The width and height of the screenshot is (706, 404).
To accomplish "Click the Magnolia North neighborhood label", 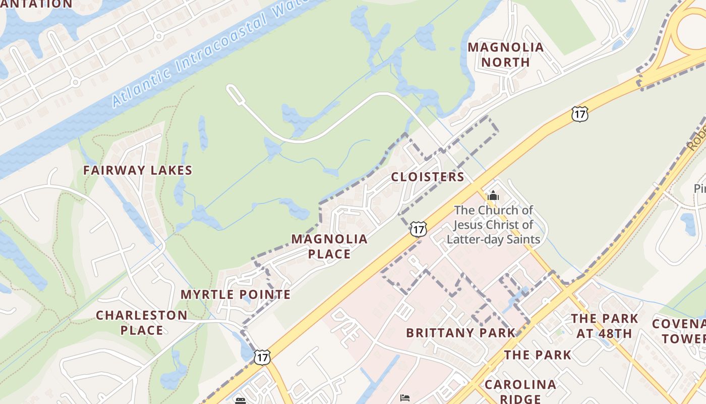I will tap(505, 55).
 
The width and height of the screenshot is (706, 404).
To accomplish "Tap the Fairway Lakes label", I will tap(138, 170).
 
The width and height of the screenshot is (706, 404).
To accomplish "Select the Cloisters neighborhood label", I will tap(427, 177).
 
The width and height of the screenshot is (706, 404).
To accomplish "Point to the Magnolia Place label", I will tap(329, 246).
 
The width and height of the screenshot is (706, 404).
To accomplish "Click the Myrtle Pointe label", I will tap(236, 294).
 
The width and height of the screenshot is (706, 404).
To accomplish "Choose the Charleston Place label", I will tap(141, 323).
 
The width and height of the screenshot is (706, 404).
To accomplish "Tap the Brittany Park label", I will tap(460, 333).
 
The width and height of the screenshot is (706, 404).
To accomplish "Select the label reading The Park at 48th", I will tap(604, 326).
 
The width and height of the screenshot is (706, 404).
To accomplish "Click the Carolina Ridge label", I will tap(520, 391).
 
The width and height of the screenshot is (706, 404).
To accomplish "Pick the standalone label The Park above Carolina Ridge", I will tap(538, 355).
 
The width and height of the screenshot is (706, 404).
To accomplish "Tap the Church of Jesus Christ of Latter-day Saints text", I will tap(493, 225).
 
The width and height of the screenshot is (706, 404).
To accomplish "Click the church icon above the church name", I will tap(493, 195).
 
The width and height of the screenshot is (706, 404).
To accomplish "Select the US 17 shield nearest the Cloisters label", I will tap(418, 229).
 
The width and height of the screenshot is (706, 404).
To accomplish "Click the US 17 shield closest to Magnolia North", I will tap(580, 114).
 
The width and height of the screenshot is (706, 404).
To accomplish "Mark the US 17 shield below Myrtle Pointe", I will tap(262, 357).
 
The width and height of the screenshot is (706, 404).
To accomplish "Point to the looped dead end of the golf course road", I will tap(232, 91).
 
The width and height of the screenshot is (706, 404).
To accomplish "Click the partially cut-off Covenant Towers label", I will tap(678, 331).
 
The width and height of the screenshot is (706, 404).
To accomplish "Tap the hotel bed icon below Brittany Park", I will tap(404, 397).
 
